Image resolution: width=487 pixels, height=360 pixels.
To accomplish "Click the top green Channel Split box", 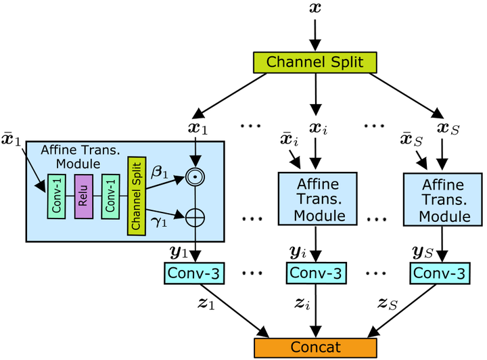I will pyautogui.click(x=315, y=62).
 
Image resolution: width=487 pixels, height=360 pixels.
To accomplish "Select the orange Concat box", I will pyautogui.click(x=315, y=346).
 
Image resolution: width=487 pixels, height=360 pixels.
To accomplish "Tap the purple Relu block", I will pyautogui.click(x=84, y=195).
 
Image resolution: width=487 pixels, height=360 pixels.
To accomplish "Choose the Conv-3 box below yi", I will pyautogui.click(x=314, y=273).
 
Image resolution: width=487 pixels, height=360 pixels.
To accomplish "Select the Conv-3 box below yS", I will pyautogui.click(x=440, y=273).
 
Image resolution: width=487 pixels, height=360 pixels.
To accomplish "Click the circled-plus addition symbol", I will pyautogui.click(x=195, y=217).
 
